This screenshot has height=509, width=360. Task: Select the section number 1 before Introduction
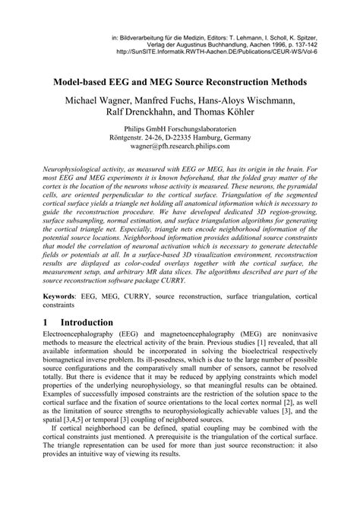(x=45, y=322)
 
